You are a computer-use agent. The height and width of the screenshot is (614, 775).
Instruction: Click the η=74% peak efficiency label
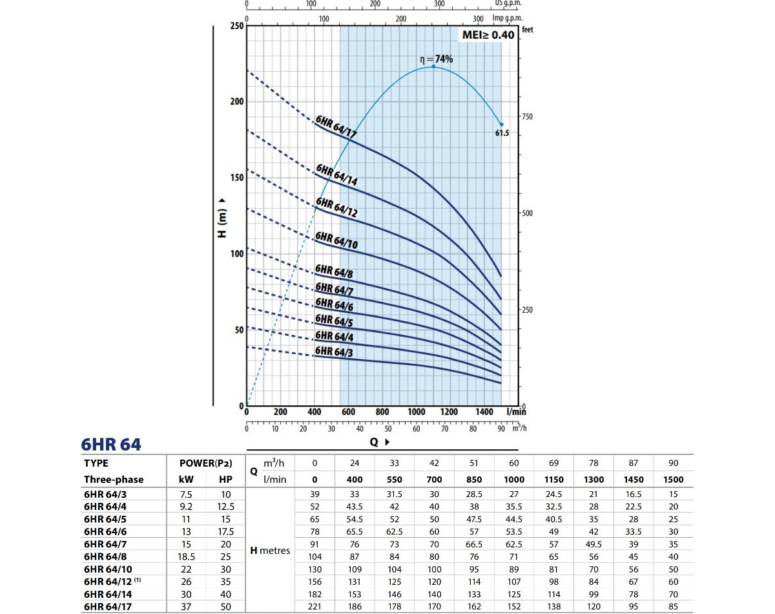[x=437, y=59]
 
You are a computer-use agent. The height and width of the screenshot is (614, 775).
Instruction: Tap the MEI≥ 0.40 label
[x=487, y=35]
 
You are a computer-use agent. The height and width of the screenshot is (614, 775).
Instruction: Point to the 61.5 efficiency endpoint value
[x=502, y=134]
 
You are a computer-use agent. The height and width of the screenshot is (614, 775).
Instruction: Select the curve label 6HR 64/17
[x=336, y=127]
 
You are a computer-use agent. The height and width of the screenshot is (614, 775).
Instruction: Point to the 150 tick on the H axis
[x=236, y=178]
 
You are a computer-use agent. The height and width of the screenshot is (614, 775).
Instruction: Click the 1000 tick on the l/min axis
[x=417, y=412]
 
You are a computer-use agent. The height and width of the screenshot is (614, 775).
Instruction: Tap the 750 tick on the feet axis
[x=527, y=116]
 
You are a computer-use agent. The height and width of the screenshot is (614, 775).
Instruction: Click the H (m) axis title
[x=223, y=215]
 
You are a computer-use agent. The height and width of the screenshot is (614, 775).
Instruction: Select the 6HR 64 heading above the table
[x=111, y=445]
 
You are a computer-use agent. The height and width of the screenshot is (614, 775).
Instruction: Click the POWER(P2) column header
[x=206, y=463]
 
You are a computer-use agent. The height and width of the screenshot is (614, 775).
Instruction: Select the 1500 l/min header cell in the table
[x=674, y=480]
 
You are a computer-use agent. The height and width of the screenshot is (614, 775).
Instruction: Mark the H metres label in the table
[x=271, y=551]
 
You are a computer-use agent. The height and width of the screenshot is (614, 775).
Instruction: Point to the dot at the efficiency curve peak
[x=433, y=67]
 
